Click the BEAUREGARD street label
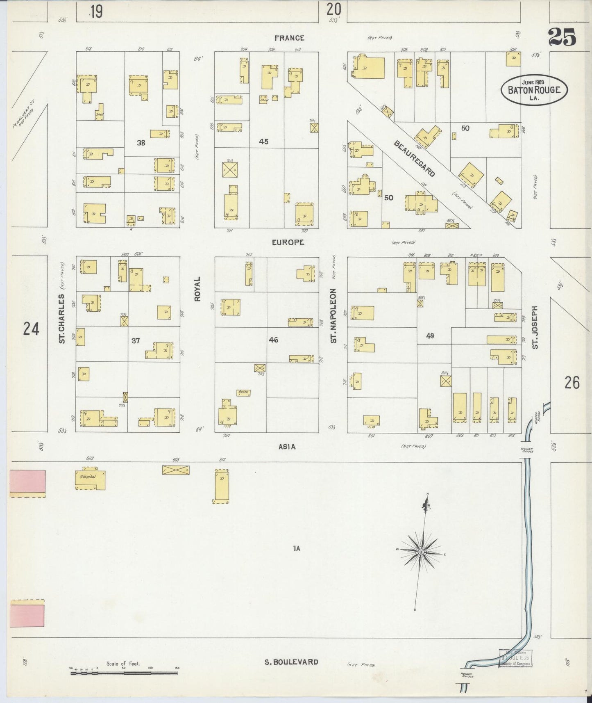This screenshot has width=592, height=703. (414, 159)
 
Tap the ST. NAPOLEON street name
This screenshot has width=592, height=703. (334, 316)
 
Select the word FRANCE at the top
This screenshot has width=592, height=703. (289, 38)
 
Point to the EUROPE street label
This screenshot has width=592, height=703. (288, 242)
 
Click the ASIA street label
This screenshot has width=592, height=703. (287, 447)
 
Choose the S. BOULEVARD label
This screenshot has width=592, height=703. (291, 662)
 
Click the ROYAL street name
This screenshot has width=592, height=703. (197, 289)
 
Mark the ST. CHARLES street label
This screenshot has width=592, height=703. (62, 318)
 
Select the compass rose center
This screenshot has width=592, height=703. (421, 553)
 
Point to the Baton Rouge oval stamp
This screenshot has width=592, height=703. (534, 90)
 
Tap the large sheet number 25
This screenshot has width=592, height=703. (562, 37)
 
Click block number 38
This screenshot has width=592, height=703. (141, 143)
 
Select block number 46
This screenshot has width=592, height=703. (273, 340)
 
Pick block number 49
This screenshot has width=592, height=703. (430, 336)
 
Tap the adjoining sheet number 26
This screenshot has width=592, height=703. (572, 383)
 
